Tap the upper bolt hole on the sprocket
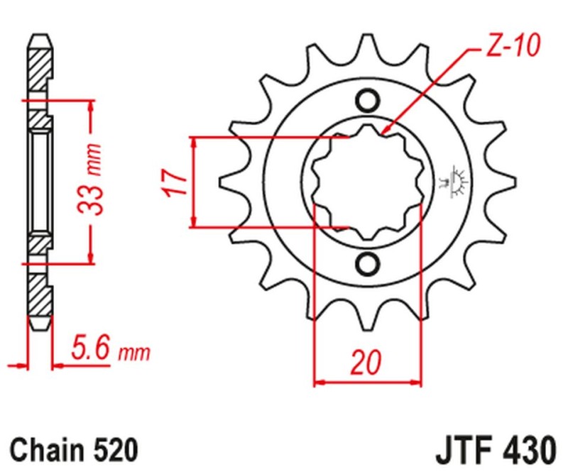[x=367, y=100]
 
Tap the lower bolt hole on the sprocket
[x=367, y=263]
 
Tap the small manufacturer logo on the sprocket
[x=459, y=182]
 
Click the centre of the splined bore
[x=367, y=182]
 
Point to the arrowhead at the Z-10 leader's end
[x=383, y=132]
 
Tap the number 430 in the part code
[x=526, y=449]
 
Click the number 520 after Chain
[x=111, y=449]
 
